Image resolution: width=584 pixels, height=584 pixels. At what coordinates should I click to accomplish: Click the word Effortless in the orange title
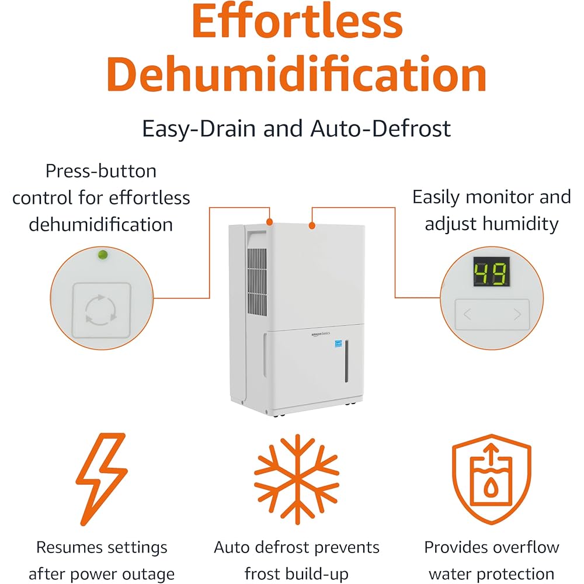(297, 22)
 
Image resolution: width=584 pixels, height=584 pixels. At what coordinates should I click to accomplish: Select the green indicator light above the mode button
(102, 255)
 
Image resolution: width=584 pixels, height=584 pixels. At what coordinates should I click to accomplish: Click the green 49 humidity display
(491, 273)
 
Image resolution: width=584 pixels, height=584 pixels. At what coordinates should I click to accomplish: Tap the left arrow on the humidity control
(467, 315)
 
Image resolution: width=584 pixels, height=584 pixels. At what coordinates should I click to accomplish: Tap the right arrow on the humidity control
(517, 315)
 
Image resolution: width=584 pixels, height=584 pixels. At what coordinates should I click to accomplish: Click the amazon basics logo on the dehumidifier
(320, 333)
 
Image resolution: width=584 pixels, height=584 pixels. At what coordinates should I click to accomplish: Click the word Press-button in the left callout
(101, 171)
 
